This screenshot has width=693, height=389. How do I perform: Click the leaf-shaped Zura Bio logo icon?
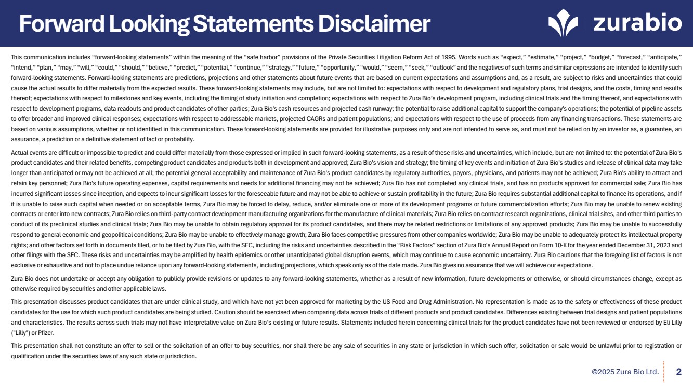563,23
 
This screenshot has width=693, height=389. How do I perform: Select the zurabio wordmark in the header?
637,23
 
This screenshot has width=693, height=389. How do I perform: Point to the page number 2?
678,372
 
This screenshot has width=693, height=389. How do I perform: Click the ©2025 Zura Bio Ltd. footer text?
625,372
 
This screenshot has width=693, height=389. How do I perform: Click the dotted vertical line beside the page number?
665,372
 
